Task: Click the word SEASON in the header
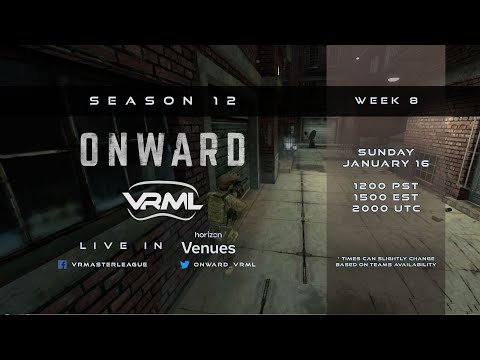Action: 128,101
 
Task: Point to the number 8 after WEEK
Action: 412,101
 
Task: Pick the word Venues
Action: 208,247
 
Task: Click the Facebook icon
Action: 62,265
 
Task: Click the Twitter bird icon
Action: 185,265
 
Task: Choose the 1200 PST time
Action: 385,186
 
